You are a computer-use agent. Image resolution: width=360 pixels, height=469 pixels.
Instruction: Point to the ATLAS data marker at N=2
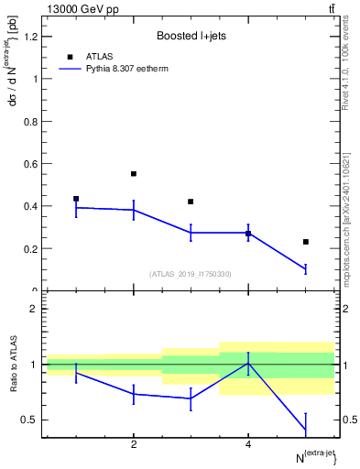click(134, 173)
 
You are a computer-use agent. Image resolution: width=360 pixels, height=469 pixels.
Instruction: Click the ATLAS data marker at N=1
click(76, 199)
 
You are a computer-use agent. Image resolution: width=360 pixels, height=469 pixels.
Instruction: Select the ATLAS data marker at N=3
click(191, 202)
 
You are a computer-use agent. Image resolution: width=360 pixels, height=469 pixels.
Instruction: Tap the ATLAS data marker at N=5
click(305, 242)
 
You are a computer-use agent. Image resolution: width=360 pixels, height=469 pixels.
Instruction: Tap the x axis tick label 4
click(248, 444)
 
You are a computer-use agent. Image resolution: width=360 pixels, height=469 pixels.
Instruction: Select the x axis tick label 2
click(134, 444)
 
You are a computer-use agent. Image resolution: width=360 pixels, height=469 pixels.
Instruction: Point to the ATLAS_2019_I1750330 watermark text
click(191, 273)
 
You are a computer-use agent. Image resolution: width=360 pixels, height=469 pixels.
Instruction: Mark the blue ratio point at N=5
click(305, 430)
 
